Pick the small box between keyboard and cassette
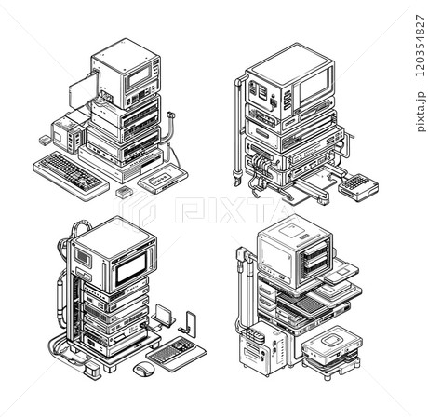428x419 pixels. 124,190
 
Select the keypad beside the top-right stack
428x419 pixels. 358,187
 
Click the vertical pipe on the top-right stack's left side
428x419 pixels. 240,121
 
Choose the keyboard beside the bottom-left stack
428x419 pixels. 172,353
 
